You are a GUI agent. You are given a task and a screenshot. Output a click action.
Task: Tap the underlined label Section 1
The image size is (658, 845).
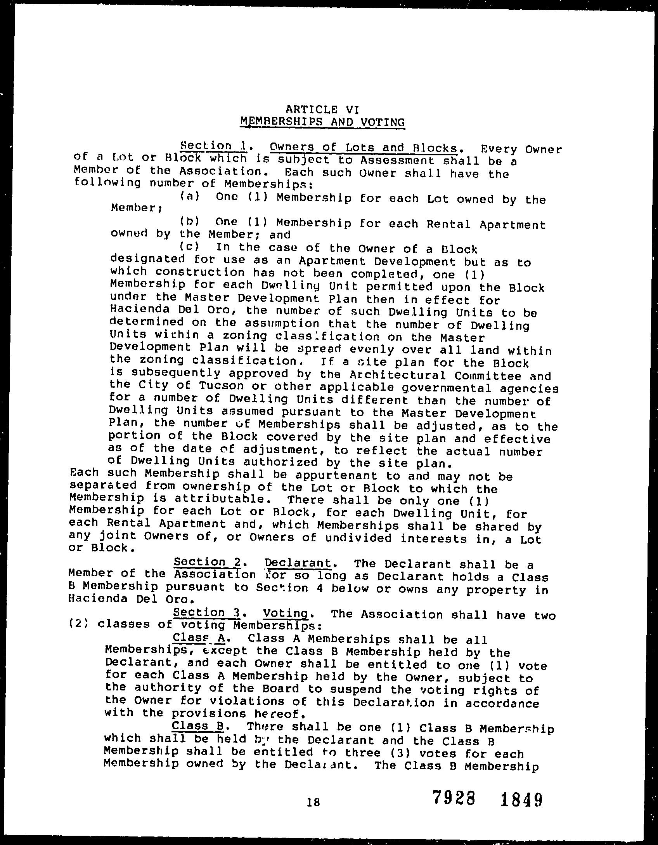click(x=214, y=146)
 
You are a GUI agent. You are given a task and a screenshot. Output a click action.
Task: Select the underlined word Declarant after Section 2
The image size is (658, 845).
click(x=298, y=563)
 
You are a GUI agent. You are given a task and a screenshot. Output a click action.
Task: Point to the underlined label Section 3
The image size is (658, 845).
click(x=208, y=612)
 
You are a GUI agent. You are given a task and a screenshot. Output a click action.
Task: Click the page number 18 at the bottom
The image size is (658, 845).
click(x=313, y=802)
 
